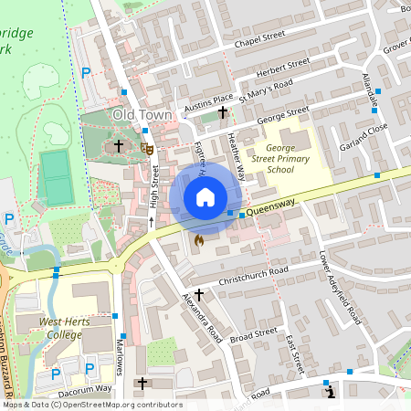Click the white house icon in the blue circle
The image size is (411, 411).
click(205, 197)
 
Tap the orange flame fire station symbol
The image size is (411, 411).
click(198, 240)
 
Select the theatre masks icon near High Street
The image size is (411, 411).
click(146, 147)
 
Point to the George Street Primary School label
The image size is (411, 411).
click(280, 157)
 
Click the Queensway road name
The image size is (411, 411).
click(275, 209)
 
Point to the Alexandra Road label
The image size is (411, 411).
click(202, 316)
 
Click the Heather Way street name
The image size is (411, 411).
click(236, 155)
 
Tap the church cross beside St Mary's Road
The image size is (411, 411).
click(223, 112)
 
